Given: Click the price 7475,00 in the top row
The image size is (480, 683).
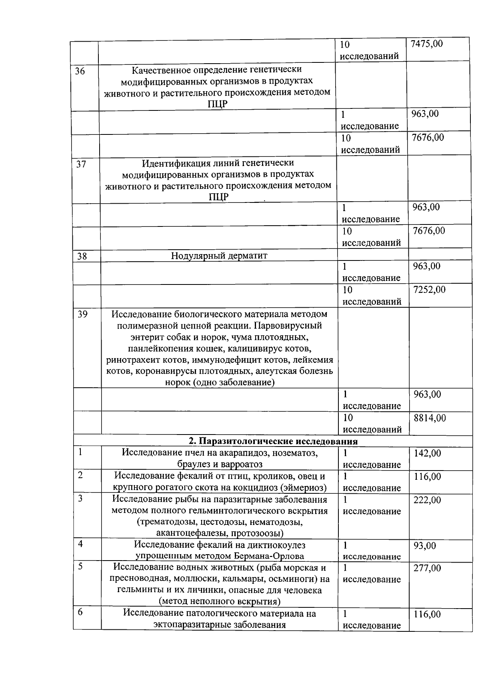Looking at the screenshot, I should (x=427, y=44).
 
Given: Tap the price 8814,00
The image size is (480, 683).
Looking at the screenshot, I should (x=430, y=418).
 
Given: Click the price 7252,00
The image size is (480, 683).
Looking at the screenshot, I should (x=429, y=290).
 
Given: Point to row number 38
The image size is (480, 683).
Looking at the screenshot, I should (x=82, y=256).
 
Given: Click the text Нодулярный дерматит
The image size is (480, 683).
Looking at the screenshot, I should (x=219, y=256).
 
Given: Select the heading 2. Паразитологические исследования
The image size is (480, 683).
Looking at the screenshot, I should (x=273, y=441).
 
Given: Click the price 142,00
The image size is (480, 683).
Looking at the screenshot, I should (x=427, y=453).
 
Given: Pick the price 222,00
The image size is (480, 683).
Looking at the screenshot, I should (x=427, y=500).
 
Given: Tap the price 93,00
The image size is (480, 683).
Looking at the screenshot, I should (x=425, y=546).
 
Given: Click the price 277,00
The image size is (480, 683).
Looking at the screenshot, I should (x=427, y=568).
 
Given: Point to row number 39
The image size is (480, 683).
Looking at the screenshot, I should (x=82, y=314).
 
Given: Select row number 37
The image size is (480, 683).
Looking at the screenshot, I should (x=81, y=164).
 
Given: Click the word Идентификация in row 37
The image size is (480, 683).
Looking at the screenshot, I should (x=172, y=163).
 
